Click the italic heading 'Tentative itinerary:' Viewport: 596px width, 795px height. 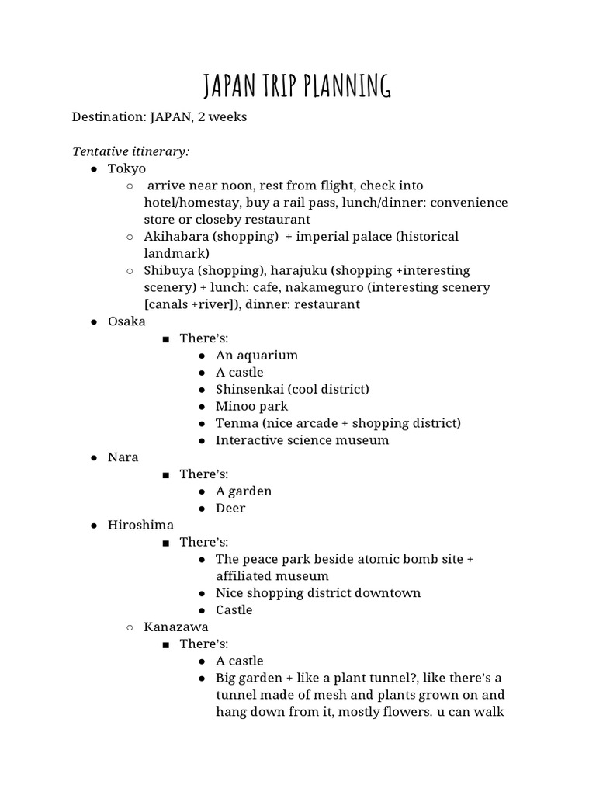click(x=130, y=151)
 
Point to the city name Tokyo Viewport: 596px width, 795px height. click(x=126, y=168)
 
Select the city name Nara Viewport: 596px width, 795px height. click(x=123, y=457)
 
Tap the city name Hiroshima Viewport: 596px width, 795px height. click(x=140, y=526)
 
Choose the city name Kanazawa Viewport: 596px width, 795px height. click(x=176, y=627)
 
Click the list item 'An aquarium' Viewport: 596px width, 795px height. click(x=257, y=356)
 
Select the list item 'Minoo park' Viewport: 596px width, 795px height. click(x=251, y=406)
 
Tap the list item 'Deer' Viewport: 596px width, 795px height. click(x=230, y=509)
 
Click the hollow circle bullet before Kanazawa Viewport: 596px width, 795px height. click(x=130, y=627)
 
